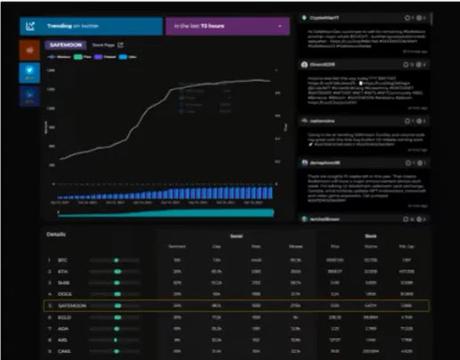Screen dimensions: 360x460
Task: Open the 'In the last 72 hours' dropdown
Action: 225,26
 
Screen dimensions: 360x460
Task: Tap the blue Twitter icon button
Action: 31,72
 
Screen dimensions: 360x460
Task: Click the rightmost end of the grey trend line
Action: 271,81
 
